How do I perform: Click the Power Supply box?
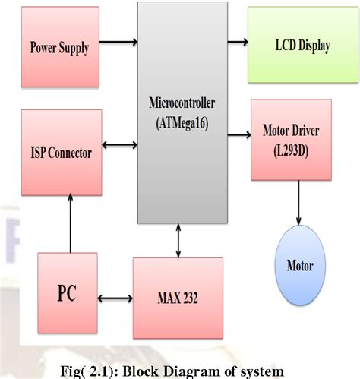(x=59, y=48)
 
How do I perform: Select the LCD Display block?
(x=302, y=46)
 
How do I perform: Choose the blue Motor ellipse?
(x=298, y=267)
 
